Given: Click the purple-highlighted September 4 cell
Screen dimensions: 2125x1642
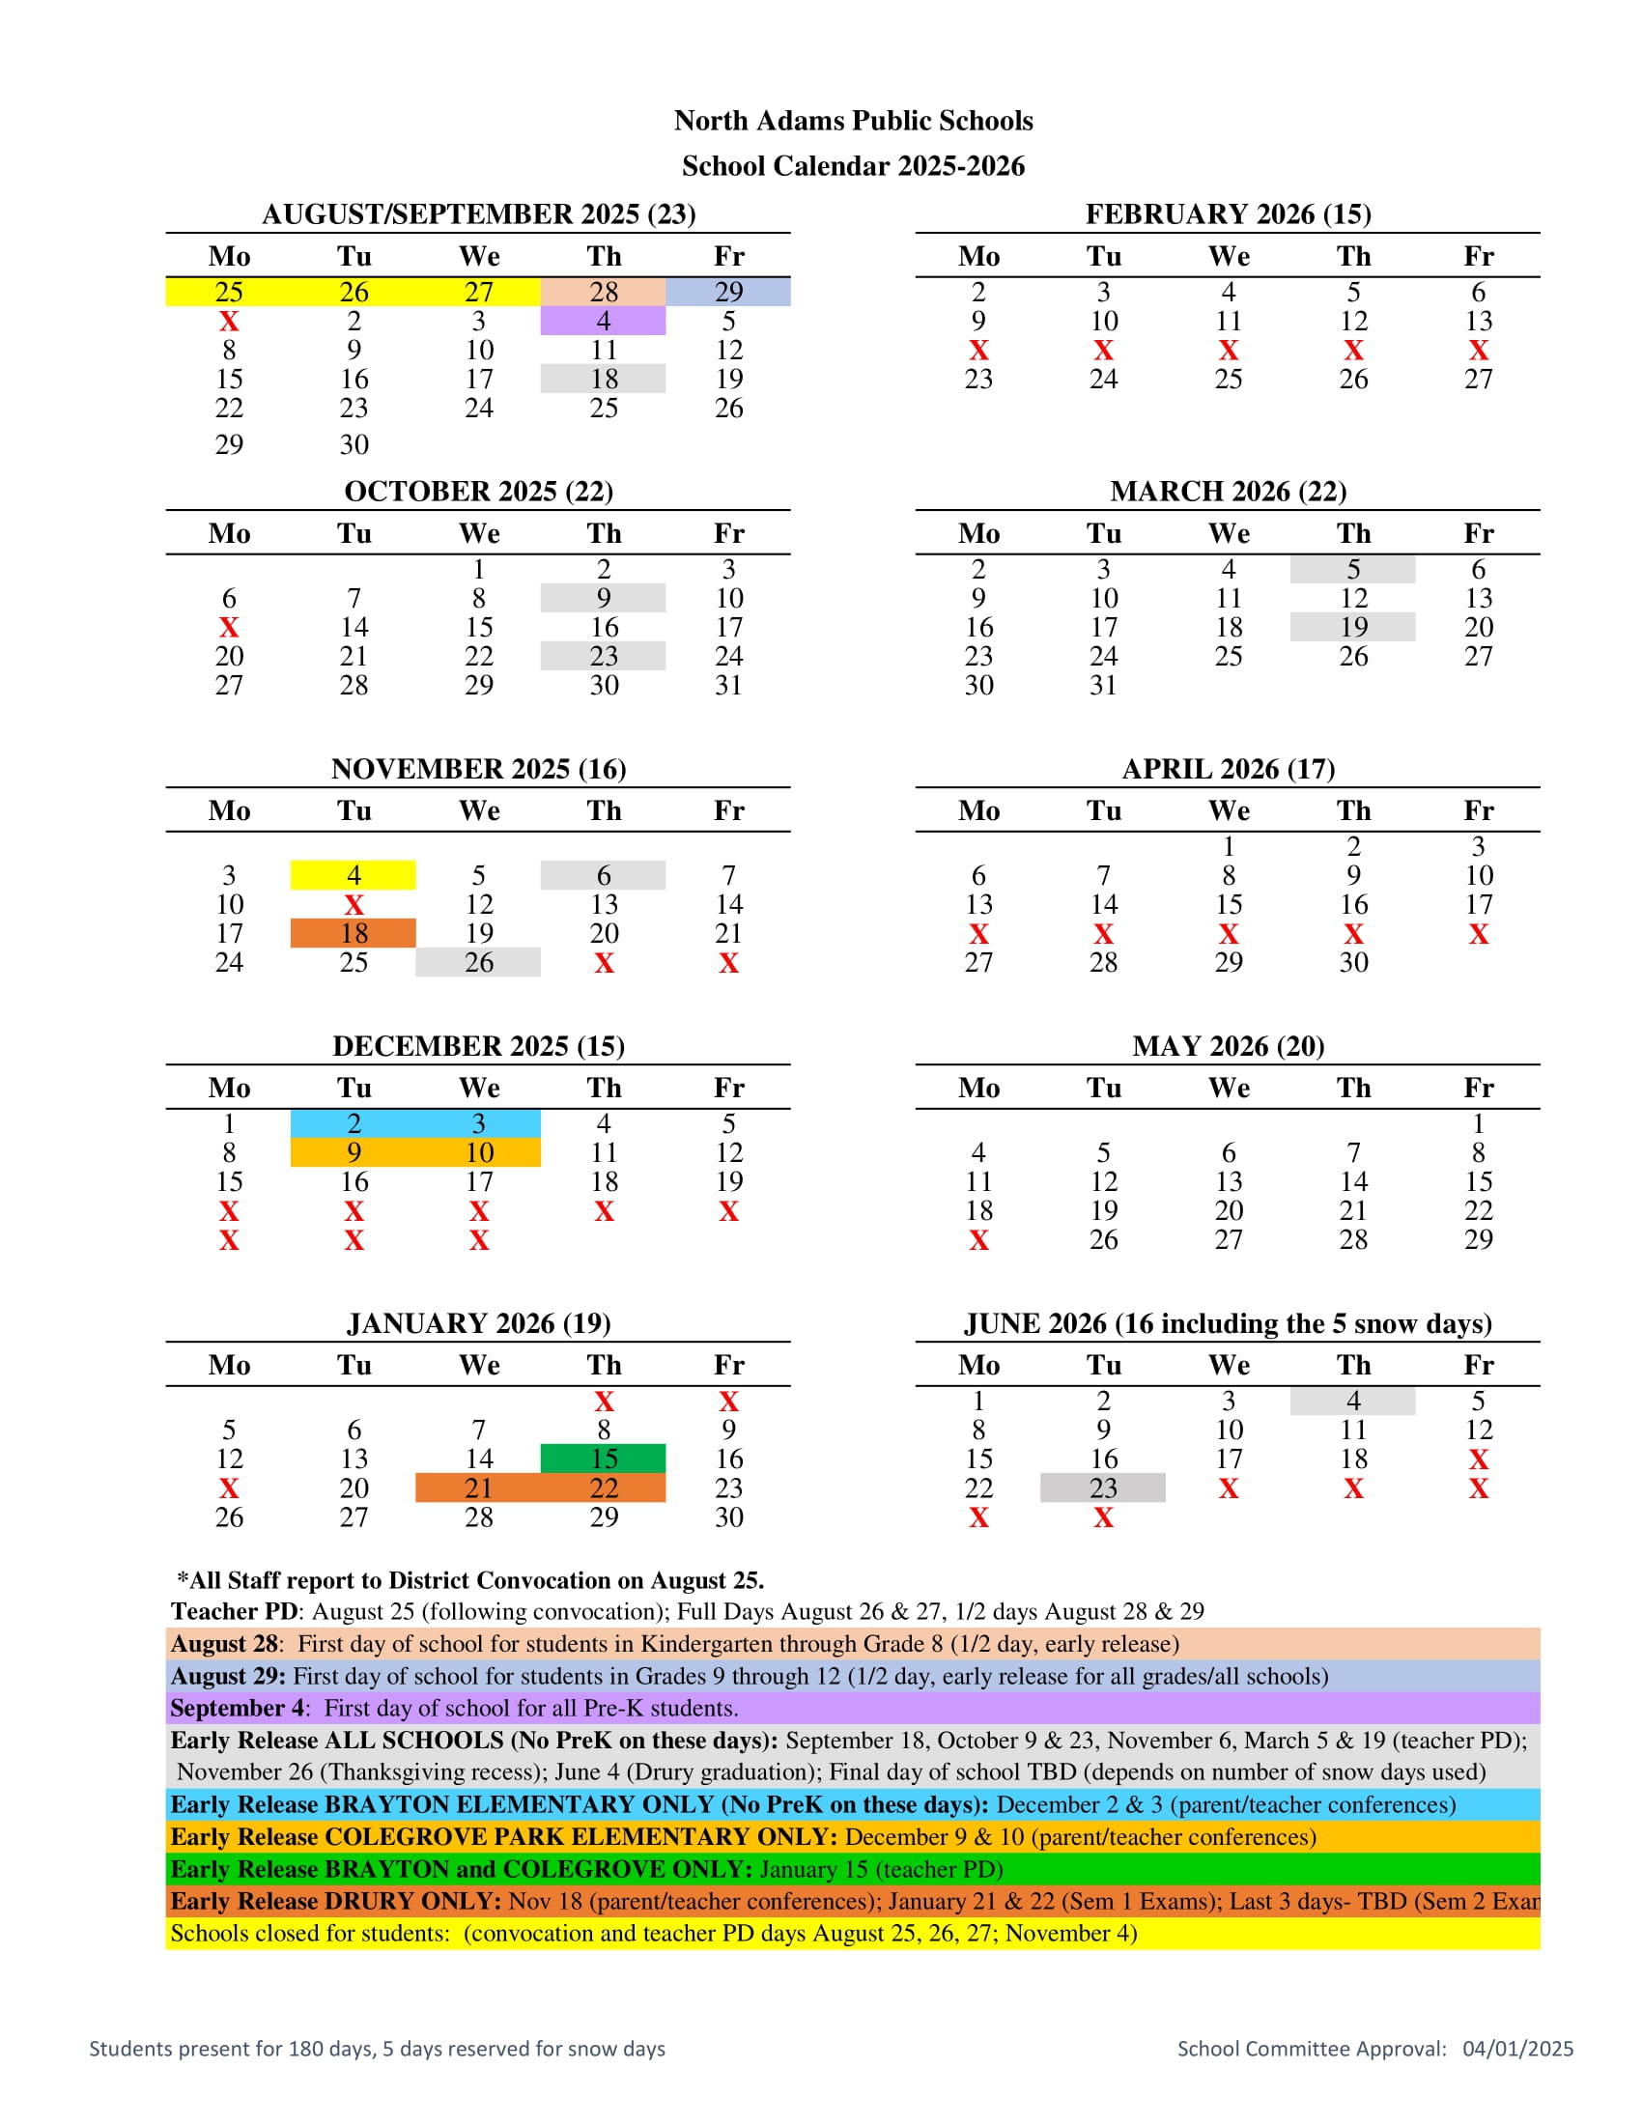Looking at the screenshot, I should [603, 321].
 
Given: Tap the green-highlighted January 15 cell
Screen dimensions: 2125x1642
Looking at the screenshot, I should [603, 1459].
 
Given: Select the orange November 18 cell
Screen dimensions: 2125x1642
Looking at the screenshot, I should [354, 933].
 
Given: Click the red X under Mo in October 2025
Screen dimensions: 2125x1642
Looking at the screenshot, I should [229, 628].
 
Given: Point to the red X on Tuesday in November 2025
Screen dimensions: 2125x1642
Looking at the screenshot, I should [354, 905].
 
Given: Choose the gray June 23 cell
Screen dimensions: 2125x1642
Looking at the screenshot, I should [1103, 1487].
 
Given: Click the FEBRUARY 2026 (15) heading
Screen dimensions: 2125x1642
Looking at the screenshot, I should [1228, 214].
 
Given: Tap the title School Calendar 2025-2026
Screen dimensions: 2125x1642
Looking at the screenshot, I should [853, 166].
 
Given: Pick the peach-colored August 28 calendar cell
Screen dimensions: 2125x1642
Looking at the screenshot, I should [603, 292].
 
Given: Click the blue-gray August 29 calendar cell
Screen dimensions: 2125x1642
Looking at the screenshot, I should [727, 292].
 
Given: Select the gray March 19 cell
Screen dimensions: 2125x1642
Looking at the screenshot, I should [1353, 627].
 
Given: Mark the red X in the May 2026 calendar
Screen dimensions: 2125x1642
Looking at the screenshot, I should [978, 1240].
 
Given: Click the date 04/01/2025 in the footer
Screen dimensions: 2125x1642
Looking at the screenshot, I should [1517, 2049].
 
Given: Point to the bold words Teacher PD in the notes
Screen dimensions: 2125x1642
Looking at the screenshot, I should [234, 1611].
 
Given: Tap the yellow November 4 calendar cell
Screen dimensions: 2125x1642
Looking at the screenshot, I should [354, 876].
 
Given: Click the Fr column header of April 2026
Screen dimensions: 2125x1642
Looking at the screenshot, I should [1479, 810].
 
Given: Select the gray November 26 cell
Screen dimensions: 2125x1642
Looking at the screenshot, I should [477, 962].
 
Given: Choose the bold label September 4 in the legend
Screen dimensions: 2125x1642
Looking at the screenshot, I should [237, 1708].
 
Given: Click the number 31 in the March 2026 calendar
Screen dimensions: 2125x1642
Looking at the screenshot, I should [1103, 685].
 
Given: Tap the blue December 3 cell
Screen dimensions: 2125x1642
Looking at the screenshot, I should [477, 1123].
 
